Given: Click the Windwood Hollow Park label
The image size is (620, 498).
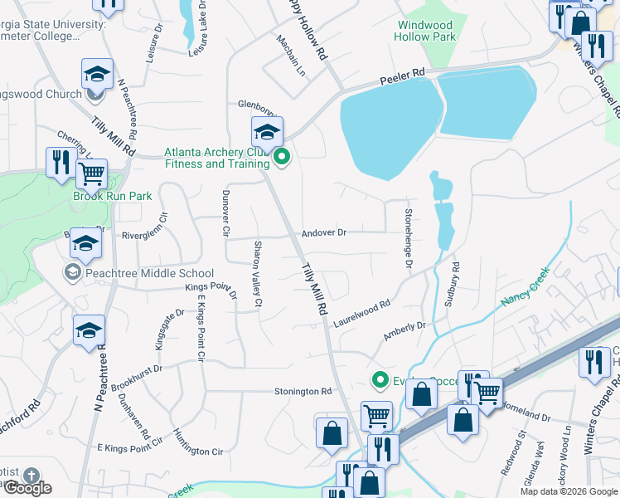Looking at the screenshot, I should coord(426,32).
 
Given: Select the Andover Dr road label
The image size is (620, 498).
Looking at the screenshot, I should coord(323,233).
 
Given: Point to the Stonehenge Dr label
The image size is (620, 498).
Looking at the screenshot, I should coord(408,233).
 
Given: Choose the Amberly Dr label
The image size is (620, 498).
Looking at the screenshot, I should coord(404,331).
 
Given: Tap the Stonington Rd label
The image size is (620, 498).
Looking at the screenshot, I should coord(303,391).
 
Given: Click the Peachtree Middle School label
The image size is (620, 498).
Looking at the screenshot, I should coord(148,273).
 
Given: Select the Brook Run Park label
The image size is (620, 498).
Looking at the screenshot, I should coord(113,197).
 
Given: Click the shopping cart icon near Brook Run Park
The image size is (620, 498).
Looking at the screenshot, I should coord(91,174).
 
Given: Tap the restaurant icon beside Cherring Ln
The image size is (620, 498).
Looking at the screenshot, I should coord(60,163).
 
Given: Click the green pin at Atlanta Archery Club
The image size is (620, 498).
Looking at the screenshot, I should coord(282,155).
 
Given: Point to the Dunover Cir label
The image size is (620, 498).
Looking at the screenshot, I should coord(225,213).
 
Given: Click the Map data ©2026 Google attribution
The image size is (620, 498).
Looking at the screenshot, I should coord(569,491).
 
